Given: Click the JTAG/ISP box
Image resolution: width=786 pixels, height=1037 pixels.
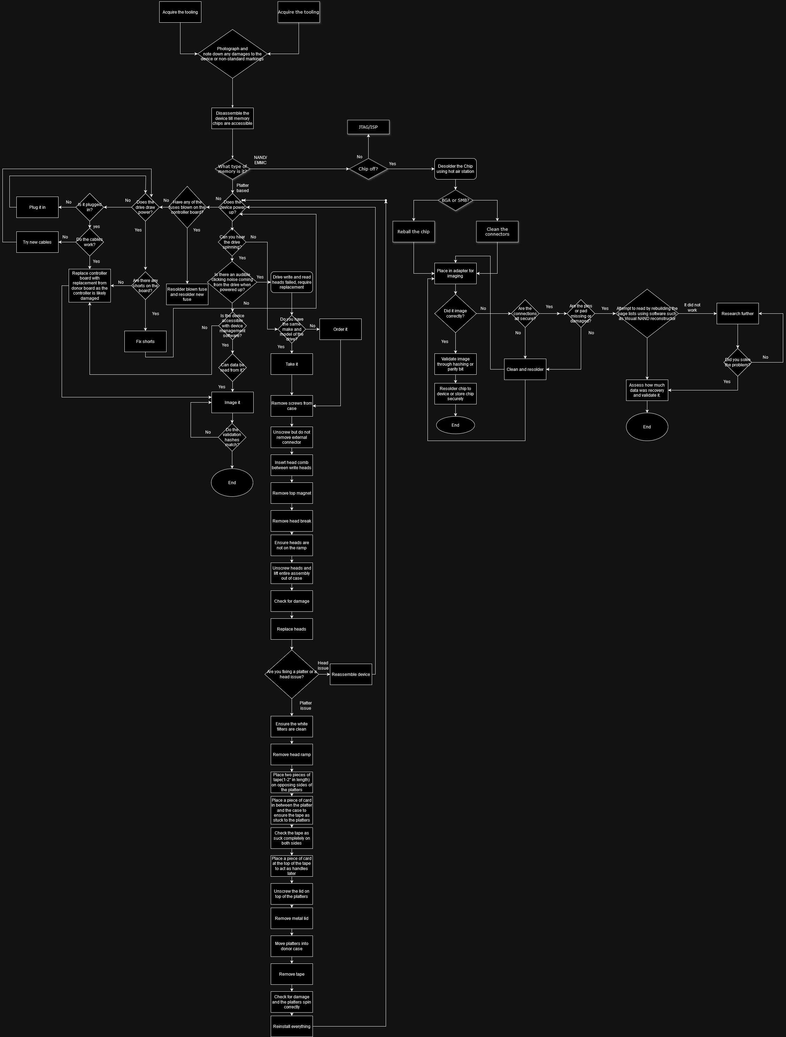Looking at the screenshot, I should [368, 127].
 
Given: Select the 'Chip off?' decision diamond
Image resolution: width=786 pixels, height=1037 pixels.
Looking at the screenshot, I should [368, 169].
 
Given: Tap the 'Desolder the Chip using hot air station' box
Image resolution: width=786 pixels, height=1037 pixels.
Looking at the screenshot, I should [455, 169].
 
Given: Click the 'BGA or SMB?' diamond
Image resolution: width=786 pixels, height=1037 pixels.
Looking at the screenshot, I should [455, 200].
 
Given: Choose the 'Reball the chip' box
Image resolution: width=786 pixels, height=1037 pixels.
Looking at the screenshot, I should [414, 231].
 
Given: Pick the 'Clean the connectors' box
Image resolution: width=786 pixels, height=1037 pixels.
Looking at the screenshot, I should [497, 231].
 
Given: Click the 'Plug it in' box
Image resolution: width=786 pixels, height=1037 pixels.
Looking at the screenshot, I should [38, 207].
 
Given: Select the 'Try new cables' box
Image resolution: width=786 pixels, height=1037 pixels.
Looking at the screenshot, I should [38, 242].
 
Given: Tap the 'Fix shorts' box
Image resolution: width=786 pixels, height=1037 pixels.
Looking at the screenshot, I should [145, 341].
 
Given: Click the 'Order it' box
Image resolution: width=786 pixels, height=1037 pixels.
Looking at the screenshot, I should [340, 329].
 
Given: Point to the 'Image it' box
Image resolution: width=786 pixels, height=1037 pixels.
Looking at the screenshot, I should [232, 402].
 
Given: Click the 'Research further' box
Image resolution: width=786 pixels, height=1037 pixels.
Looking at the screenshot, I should [737, 314].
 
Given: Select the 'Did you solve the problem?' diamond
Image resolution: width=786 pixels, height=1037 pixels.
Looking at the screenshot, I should [737, 362].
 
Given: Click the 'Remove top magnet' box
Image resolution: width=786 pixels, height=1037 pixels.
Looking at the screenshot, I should [292, 493].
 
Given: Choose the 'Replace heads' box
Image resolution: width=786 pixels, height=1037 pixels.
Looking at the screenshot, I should [292, 629].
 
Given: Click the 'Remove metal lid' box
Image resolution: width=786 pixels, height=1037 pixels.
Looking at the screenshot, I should [292, 918].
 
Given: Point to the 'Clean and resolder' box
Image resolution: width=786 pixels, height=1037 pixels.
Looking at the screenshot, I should [525, 369].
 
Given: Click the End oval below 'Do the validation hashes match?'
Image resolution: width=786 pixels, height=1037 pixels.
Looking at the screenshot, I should [232, 482].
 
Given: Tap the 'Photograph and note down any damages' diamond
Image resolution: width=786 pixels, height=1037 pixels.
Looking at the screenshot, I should [232, 54].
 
